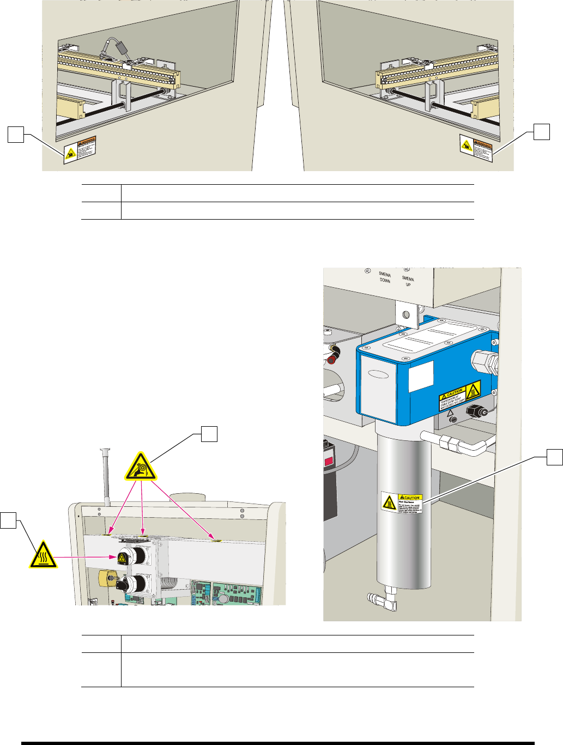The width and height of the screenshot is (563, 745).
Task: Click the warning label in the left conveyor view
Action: tap(80, 149)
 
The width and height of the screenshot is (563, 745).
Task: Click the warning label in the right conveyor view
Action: tap(476, 148)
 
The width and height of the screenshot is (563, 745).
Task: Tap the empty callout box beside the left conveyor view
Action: tap(15, 134)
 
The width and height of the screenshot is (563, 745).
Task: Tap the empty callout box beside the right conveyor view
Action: tap(541, 131)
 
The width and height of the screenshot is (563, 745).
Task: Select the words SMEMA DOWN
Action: tap(385, 277)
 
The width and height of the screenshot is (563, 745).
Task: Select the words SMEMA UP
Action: tap(408, 281)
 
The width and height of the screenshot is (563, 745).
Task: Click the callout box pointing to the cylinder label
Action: tap(555, 457)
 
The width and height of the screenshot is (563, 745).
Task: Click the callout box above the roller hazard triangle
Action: tap(209, 434)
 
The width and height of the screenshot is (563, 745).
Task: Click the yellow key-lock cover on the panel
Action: tap(105, 577)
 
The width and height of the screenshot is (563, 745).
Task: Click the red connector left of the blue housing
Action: tap(333, 354)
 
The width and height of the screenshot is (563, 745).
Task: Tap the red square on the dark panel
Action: tap(329, 462)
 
